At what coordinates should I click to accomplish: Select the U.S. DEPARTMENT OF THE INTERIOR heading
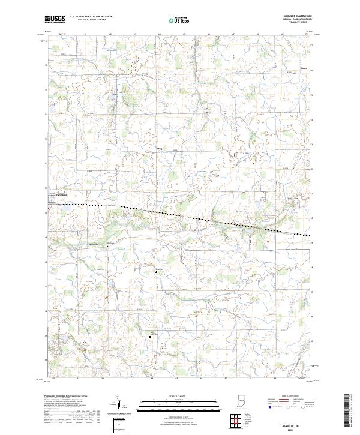click(x=91, y=17)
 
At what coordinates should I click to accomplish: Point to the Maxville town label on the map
click(x=92, y=245)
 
